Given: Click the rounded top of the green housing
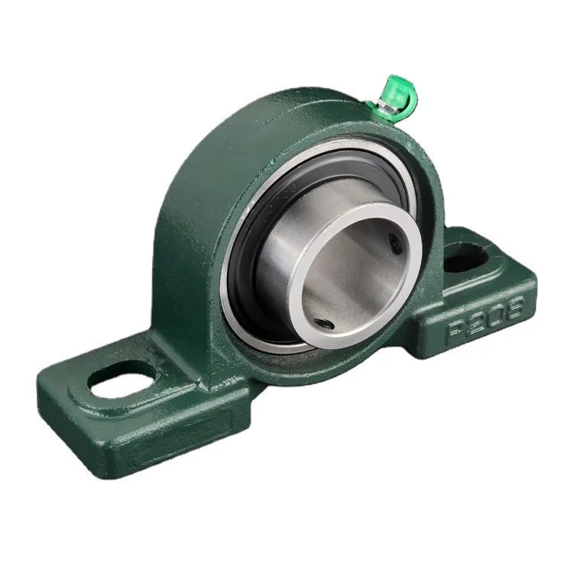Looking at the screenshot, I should coord(252,115).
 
